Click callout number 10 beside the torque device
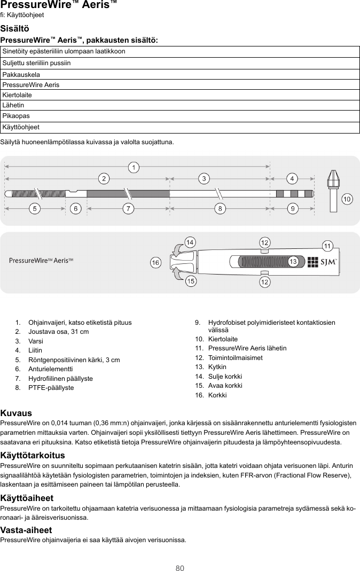click(x=347, y=199)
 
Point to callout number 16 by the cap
click(x=155, y=263)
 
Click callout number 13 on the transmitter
click(x=293, y=262)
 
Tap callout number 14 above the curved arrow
click(x=189, y=243)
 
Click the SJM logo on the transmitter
click(x=328, y=262)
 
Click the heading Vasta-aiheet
click(x=26, y=530)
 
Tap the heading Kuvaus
click(x=16, y=413)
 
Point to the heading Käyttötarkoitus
click(x=33, y=455)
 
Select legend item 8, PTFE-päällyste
click(x=51, y=387)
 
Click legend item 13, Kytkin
click(x=217, y=367)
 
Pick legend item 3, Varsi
click(x=36, y=341)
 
